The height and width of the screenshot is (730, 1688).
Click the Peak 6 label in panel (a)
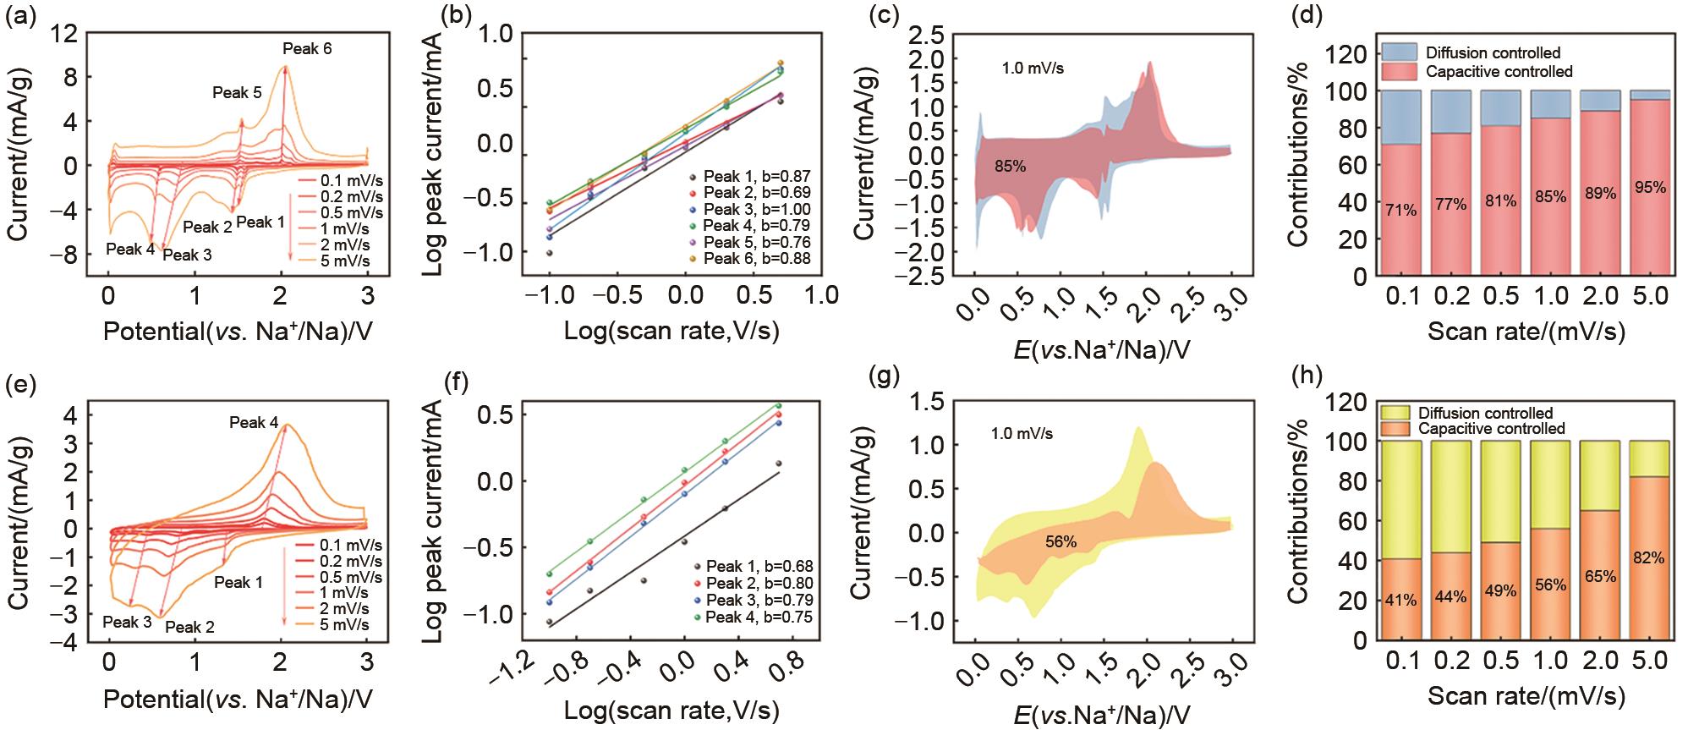click(x=307, y=49)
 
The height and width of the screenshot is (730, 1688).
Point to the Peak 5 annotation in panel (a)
click(x=237, y=93)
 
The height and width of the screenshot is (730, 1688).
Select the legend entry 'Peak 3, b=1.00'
click(x=756, y=210)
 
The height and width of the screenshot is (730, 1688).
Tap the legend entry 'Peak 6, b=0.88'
click(x=756, y=258)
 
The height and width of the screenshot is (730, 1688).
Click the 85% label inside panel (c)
click(x=1010, y=167)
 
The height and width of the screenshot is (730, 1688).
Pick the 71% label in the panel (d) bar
click(x=1400, y=211)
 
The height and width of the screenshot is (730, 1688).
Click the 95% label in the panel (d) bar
click(x=1650, y=188)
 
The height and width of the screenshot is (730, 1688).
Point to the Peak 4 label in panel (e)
click(x=254, y=422)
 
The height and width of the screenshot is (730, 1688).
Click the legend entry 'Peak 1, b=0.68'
click(x=759, y=566)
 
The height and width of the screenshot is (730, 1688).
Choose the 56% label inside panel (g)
click(x=1060, y=541)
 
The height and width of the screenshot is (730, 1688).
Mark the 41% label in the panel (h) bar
click(x=1400, y=601)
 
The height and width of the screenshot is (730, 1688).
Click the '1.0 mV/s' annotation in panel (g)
click(x=1022, y=434)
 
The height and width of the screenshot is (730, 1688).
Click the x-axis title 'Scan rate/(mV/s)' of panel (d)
click(x=1526, y=332)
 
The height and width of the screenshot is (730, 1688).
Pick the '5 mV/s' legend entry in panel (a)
click(x=346, y=261)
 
